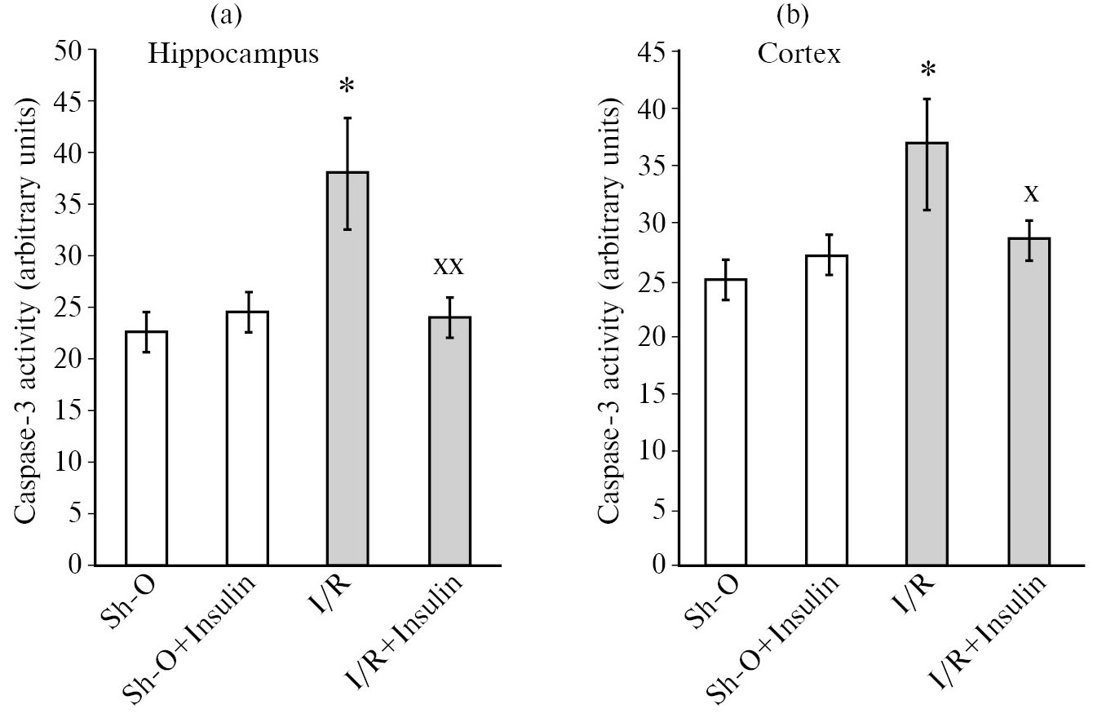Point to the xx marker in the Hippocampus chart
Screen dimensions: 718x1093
[x=449, y=265]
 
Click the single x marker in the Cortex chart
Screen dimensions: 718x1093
[x=1031, y=193]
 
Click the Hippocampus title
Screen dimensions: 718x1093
[x=232, y=55]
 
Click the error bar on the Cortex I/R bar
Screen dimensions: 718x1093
[x=927, y=154]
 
